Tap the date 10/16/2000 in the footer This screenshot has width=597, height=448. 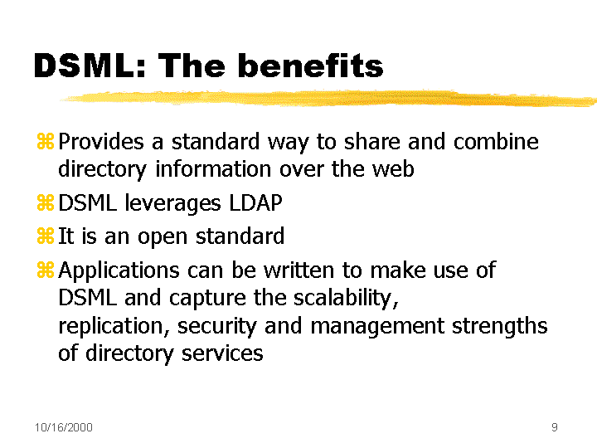coord(64,427)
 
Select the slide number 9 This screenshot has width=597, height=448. coord(555,427)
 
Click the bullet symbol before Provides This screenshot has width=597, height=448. coord(46,141)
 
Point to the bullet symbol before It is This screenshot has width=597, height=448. coord(46,236)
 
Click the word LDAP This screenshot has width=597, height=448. coord(255,202)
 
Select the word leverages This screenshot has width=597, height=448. coord(172,203)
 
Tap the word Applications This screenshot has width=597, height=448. coord(119,270)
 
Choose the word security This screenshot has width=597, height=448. coord(217,327)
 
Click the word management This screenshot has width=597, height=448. coord(377,327)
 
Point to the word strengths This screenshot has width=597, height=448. coord(499,327)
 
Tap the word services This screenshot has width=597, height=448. coord(222,353)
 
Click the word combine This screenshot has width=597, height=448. coord(496,141)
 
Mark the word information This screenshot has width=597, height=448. coord(213,168)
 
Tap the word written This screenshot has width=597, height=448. coord(298,270)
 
